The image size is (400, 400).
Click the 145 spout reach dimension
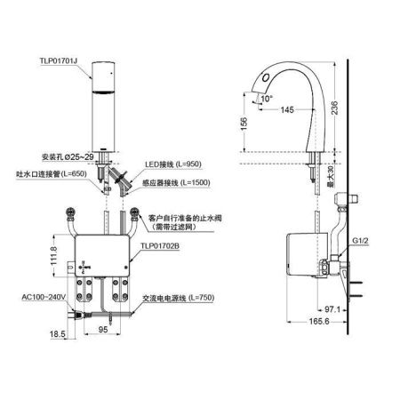287,109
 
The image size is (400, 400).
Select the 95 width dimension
102,327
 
